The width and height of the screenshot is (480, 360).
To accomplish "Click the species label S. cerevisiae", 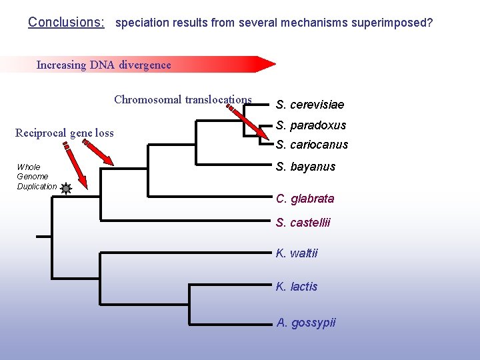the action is coord(310,105).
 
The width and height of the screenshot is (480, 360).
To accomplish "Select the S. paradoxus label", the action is coord(311,125).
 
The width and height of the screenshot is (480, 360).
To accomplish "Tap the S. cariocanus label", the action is coord(312,145).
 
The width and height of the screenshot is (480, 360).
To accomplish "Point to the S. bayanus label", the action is coord(305,167).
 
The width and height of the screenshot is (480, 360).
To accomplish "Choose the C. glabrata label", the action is coord(305,199).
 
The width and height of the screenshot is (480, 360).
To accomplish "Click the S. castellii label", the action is coord(303,223).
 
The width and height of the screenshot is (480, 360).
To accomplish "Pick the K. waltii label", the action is coord(297,253).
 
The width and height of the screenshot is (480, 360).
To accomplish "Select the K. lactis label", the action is coord(297,287).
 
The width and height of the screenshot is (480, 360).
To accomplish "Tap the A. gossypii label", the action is coord(306,323).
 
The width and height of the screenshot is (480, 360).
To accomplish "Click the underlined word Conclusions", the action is coord(66,22).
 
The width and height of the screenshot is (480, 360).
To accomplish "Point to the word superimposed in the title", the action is coord(396,23).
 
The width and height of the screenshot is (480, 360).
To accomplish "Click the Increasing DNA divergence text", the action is coord(103,65).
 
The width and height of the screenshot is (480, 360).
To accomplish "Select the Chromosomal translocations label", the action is coord(183,100).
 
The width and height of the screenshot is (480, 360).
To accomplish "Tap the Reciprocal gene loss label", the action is coord(64,133).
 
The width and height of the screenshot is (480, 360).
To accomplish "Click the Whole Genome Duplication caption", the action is coord(37,177).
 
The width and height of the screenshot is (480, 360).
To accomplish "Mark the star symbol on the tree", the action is coord(65,189).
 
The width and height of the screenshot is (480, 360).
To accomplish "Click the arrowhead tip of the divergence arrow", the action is coord(273,64).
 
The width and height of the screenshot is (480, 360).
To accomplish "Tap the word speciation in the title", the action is coord(142,23).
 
